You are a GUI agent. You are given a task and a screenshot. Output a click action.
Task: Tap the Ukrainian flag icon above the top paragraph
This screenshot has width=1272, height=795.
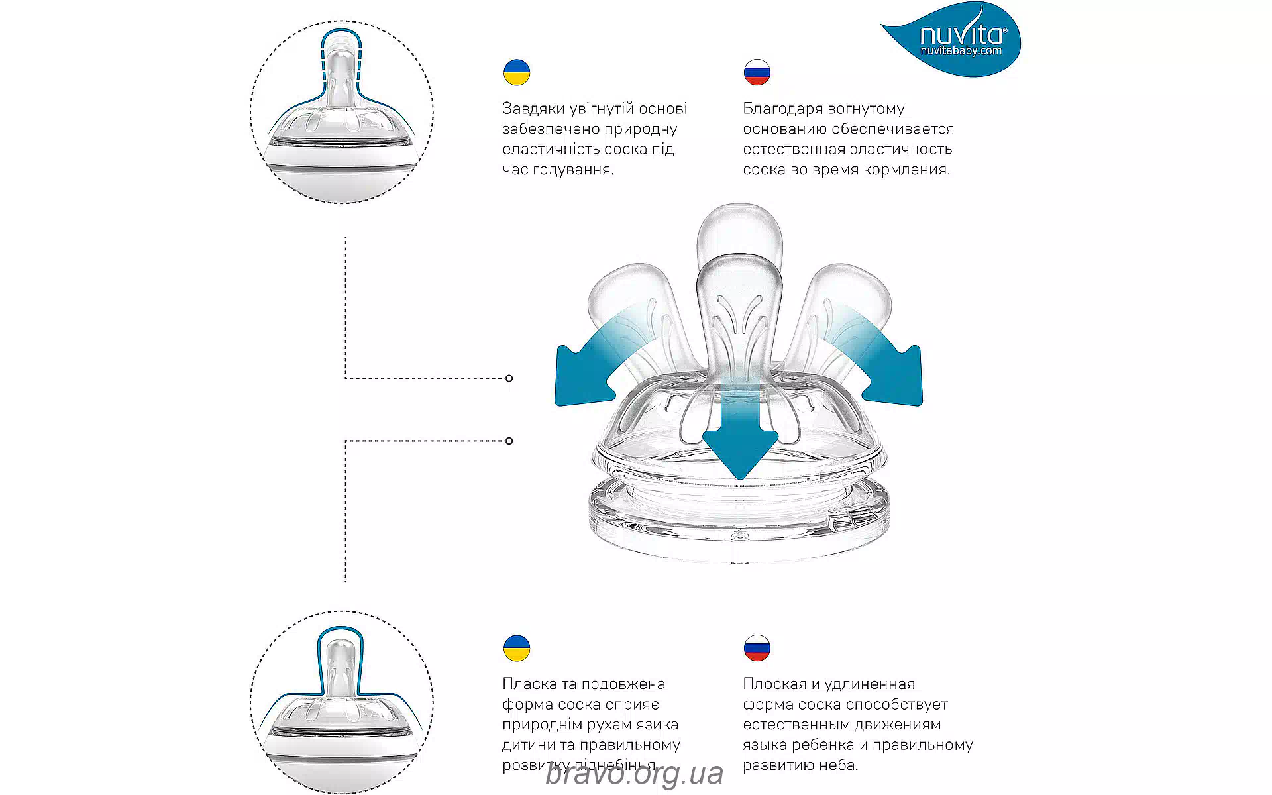pyautogui.click(x=516, y=72)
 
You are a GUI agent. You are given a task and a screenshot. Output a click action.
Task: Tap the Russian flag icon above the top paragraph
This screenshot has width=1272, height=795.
pyautogui.click(x=757, y=72)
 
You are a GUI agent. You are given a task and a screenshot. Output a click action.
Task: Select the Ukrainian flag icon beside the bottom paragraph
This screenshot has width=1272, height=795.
pyautogui.click(x=516, y=648)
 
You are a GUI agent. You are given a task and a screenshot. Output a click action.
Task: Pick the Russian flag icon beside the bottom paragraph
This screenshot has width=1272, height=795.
pyautogui.click(x=757, y=648)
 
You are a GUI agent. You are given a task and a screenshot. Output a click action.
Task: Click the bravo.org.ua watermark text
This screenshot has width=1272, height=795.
pyautogui.click(x=634, y=774)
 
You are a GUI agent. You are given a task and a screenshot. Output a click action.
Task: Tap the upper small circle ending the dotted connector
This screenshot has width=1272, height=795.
pyautogui.click(x=509, y=378)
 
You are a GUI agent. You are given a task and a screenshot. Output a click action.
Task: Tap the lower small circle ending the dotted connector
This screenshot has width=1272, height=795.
pyautogui.click(x=509, y=441)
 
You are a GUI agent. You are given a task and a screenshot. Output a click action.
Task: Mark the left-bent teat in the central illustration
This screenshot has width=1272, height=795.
pyautogui.click(x=629, y=298)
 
